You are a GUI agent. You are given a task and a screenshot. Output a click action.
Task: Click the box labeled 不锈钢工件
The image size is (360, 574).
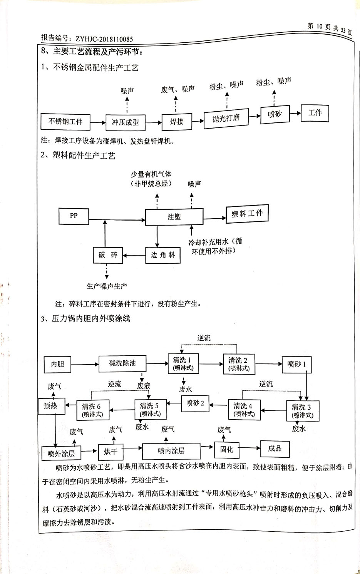tap(65, 122)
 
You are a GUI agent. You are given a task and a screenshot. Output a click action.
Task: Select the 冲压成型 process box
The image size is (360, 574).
tap(125, 122)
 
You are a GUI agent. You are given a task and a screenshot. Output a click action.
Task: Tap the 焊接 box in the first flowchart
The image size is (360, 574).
tap(177, 122)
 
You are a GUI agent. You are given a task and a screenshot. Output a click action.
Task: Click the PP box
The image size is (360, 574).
tap(74, 216)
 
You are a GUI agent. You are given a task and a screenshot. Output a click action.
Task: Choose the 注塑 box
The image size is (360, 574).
tap(174, 217)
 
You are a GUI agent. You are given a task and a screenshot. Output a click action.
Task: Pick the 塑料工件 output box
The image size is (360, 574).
tap(247, 214)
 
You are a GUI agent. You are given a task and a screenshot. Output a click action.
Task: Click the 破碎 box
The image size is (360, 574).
tap(108, 255)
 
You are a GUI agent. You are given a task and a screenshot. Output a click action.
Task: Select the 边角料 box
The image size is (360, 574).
tap(162, 255)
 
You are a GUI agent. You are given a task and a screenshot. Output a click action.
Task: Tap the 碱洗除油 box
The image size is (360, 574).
tap(122, 363)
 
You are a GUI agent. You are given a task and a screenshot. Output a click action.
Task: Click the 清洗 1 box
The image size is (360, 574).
tap(183, 363)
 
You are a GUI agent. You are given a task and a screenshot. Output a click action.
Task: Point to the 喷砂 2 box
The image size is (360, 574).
tap(195, 403)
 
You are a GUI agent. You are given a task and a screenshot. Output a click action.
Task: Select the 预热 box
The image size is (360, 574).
tap(50, 406)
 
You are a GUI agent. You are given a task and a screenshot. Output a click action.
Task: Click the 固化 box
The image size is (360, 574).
tap(227, 449)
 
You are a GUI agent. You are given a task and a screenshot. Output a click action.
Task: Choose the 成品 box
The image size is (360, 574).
tap(275, 448)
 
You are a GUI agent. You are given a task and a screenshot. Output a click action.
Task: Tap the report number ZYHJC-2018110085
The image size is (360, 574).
tap(104, 39)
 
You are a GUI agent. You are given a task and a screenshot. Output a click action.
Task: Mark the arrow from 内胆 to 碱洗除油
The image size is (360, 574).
tap(85, 364)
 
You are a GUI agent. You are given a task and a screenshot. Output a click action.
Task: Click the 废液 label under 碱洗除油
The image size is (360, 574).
tap(143, 385)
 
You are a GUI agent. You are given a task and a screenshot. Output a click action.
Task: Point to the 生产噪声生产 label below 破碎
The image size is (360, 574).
tap(107, 286)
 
